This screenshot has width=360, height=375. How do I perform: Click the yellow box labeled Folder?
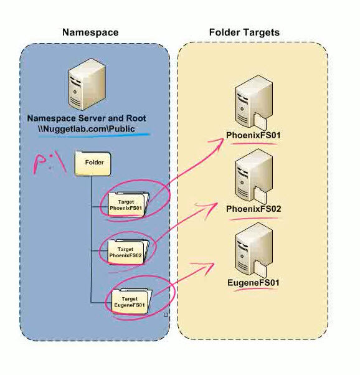coord(93,163)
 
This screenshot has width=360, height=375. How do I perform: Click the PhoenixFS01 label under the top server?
coord(253,136)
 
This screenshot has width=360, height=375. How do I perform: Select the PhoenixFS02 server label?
coord(253,209)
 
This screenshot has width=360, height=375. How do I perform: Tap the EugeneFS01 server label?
coord(253,283)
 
